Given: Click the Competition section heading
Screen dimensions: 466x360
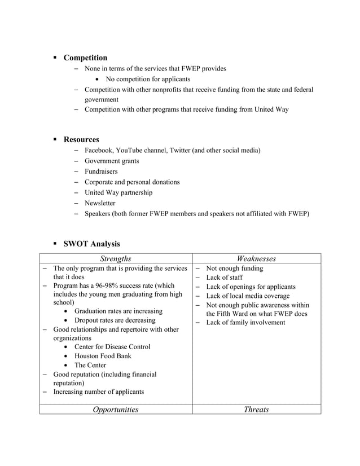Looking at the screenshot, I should point(85,58).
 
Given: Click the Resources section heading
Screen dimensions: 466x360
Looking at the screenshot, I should point(81,139).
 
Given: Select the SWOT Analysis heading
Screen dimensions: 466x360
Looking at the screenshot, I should point(91,244).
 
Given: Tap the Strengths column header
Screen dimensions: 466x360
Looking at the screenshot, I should point(116,258).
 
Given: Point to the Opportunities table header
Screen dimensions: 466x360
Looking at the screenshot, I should point(116,410).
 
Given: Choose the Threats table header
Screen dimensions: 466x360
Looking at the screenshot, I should point(256,410).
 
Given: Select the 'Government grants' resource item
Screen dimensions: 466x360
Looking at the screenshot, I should point(112,161).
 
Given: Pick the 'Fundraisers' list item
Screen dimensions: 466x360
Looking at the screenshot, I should point(101,172).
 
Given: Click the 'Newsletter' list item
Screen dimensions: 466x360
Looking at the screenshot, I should point(100,203).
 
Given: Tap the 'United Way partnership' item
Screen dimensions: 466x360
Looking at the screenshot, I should point(118,193).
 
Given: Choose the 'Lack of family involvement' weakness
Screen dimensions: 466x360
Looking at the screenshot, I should point(245,323).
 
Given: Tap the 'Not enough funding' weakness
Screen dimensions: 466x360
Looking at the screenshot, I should point(235,269).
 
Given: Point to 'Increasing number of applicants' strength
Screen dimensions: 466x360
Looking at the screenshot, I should point(98,392).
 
